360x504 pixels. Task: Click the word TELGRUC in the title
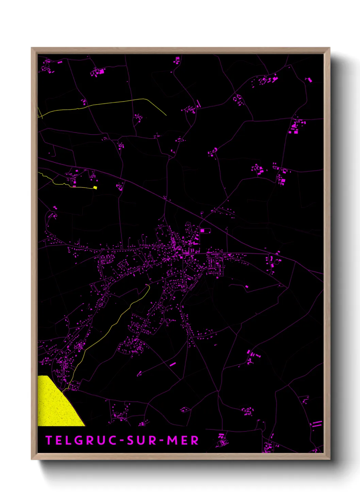(82, 440)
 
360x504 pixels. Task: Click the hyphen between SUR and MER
(162, 441)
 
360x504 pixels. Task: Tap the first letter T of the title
(49, 440)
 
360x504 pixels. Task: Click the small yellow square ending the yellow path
(95, 187)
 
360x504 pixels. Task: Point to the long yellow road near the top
(102, 104)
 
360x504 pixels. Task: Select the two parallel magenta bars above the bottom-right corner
(317, 424)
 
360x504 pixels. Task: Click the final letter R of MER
(195, 440)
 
